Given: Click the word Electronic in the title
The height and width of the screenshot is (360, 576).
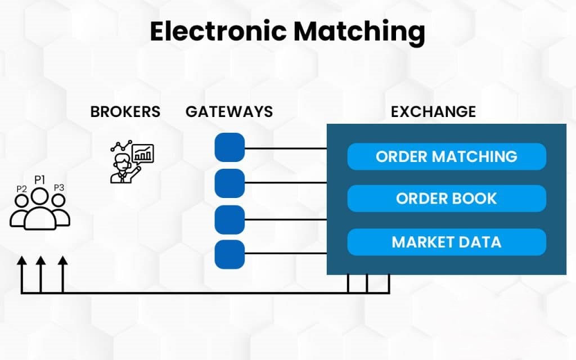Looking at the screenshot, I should (x=218, y=33).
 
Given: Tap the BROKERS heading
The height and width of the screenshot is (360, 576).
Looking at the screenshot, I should (x=125, y=111).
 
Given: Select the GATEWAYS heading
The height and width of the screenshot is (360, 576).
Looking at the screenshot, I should (x=229, y=111).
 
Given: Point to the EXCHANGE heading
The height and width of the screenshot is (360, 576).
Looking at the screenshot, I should (x=433, y=111).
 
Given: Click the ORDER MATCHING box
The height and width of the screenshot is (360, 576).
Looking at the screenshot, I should (x=447, y=156).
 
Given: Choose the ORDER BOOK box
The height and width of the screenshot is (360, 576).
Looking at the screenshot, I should (x=447, y=199).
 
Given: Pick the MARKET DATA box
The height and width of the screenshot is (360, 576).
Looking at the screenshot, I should (x=447, y=242).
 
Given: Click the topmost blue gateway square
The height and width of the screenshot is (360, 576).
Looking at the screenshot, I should (x=229, y=147).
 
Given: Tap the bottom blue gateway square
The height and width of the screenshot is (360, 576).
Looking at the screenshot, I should (x=229, y=254).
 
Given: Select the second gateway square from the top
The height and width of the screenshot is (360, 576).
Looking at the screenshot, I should (x=229, y=183).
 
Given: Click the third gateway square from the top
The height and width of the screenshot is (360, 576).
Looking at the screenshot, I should (x=229, y=219).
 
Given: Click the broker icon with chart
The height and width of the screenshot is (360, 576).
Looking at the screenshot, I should (x=131, y=161).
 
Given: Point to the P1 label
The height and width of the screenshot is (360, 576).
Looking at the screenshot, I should (x=39, y=179).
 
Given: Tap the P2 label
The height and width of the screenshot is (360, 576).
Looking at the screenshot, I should (x=21, y=189).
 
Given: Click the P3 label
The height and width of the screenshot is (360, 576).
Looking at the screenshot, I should (x=59, y=188).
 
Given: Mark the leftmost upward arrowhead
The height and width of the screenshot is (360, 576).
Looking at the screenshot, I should (x=22, y=260).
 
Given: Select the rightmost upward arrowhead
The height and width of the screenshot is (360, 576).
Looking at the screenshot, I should (x=62, y=260).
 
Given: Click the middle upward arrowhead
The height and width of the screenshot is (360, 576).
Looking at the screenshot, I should (x=40, y=260).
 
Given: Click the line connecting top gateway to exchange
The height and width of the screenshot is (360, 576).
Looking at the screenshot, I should (x=286, y=148).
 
